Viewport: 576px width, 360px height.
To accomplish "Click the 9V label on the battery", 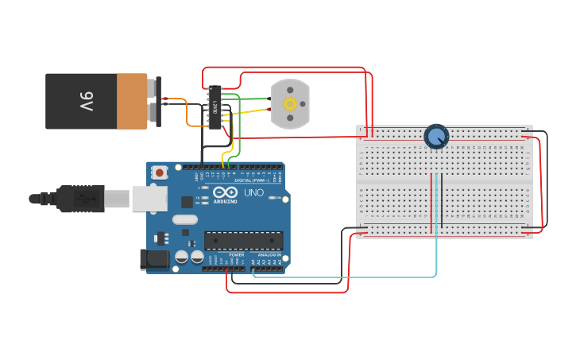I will (87, 102).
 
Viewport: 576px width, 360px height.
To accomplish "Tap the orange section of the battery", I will (131, 101).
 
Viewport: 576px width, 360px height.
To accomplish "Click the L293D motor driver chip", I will (215, 106).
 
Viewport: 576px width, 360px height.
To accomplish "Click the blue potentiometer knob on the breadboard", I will (436, 137).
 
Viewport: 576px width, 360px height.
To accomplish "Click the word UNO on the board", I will (253, 193).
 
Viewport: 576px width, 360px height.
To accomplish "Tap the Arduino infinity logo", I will (226, 193).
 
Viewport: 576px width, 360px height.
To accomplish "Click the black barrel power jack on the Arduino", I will (155, 258).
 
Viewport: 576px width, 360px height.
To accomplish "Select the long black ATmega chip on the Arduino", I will (243, 240).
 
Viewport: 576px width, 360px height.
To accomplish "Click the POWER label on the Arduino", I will (236, 254).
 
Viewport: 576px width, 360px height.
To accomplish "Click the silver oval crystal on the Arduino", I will (184, 220).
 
